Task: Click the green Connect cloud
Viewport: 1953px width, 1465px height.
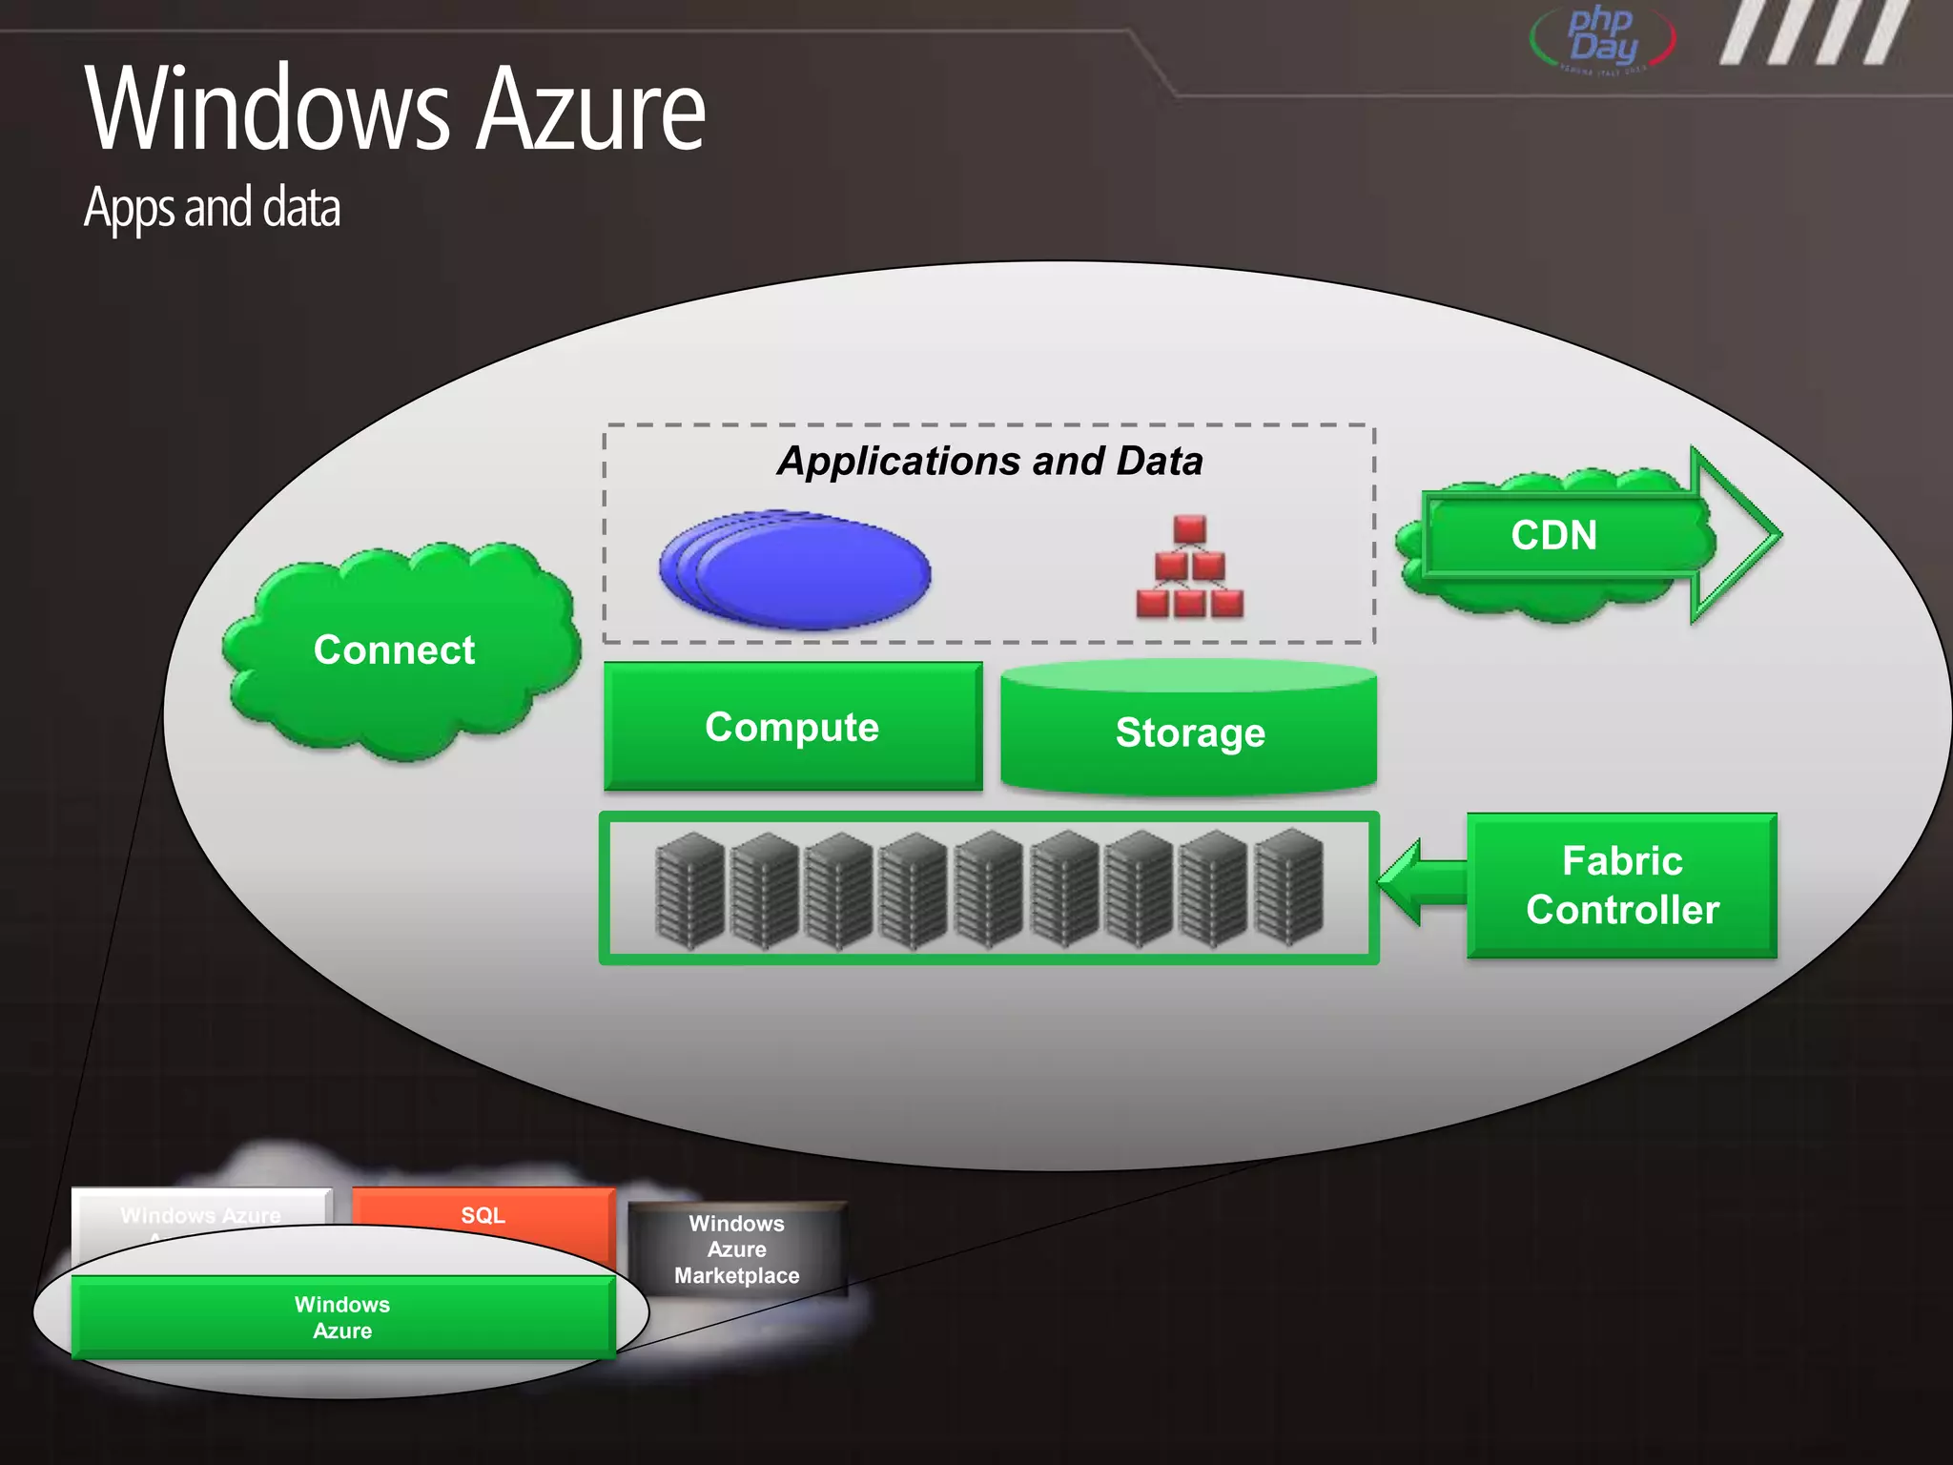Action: (x=396, y=651)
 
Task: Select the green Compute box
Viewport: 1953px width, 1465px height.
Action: (x=792, y=727)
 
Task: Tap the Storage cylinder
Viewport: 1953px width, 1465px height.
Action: (x=1189, y=732)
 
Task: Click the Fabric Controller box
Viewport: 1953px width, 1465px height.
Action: (x=1621, y=885)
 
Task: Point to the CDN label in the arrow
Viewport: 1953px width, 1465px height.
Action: (x=1553, y=535)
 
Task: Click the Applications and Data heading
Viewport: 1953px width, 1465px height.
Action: (x=989, y=461)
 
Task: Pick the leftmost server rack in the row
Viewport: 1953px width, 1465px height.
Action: (x=690, y=890)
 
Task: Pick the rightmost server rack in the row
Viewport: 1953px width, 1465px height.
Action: (x=1288, y=888)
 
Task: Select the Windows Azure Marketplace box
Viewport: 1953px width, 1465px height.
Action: (x=736, y=1248)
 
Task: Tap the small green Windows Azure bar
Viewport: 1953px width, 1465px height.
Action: (x=342, y=1317)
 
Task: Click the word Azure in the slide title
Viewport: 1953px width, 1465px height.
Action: (x=590, y=109)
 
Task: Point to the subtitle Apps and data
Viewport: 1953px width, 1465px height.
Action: (x=212, y=207)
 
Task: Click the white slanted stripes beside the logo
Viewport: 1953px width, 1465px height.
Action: (x=1812, y=33)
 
